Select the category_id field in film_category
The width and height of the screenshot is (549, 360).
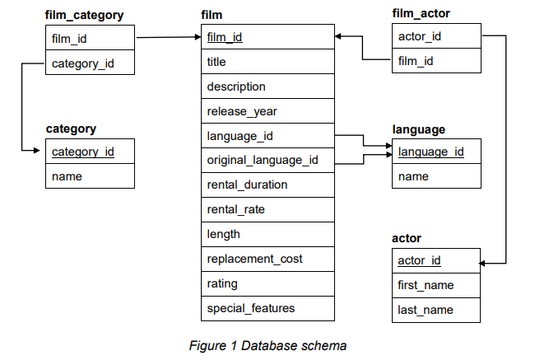click(x=82, y=63)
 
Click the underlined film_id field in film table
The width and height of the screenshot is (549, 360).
click(x=225, y=37)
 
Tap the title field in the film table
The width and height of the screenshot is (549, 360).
click(x=216, y=62)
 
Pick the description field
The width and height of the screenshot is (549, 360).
click(x=236, y=86)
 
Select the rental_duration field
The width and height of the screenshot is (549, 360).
click(x=247, y=185)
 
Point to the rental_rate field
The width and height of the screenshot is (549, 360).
click(x=235, y=209)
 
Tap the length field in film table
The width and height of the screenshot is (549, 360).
click(x=223, y=234)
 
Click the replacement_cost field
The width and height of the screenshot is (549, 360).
click(x=254, y=259)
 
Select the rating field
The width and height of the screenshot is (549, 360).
click(x=222, y=283)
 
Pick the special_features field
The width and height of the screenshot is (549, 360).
click(x=250, y=308)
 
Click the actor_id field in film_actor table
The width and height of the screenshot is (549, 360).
click(x=419, y=37)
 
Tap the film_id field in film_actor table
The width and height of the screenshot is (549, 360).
click(x=415, y=62)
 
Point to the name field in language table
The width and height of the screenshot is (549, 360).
click(x=413, y=176)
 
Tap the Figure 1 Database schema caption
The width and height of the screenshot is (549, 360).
click(x=268, y=345)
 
